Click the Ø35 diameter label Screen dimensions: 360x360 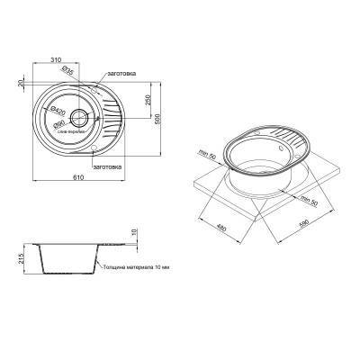69,69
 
